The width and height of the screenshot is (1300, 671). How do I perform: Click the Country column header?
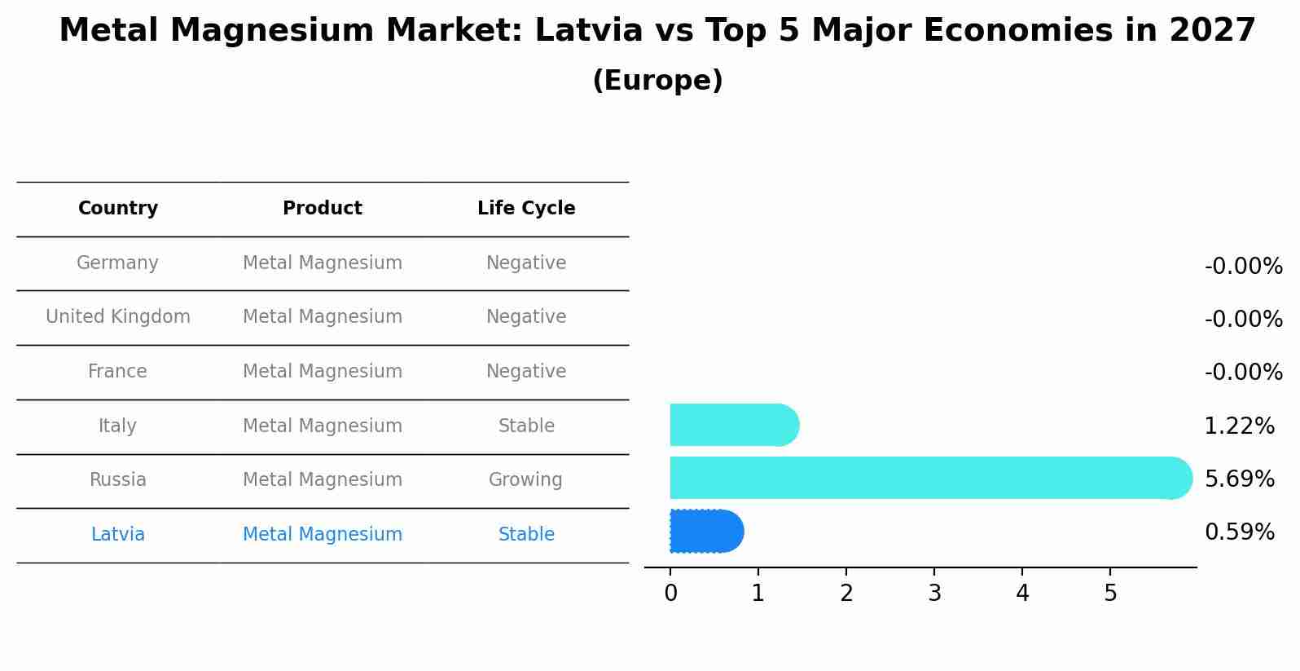coord(118,209)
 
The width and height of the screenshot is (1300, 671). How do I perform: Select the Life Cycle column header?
coord(526,209)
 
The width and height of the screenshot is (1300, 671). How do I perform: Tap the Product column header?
coord(323,209)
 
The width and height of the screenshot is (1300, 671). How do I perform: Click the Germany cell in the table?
coord(117,263)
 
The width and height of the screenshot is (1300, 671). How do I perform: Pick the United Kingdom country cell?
coord(118,317)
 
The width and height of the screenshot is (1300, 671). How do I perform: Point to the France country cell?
coord(117,372)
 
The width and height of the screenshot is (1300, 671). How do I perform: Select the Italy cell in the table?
coord(117,426)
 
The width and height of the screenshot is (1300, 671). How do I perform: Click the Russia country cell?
coord(118,480)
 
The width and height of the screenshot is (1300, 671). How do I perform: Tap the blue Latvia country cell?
coord(118,535)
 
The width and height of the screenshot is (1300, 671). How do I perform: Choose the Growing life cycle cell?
coord(525,480)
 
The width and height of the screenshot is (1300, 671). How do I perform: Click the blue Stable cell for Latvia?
coord(526,535)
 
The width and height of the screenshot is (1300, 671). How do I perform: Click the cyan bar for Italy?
coord(733,425)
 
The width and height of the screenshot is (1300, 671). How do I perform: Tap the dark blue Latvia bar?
coord(705,531)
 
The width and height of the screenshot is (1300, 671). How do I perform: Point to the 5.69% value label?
coord(1239,479)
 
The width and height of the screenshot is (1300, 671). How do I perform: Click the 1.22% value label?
coord(1239,426)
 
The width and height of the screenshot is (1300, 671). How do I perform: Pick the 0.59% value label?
coord(1239,532)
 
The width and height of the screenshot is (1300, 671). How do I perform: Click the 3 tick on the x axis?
coord(934,594)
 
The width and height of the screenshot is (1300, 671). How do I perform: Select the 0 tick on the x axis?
coord(670,594)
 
